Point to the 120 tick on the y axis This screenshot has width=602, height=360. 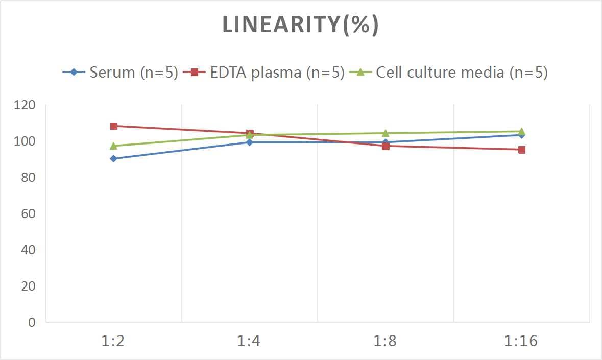coord(25,105)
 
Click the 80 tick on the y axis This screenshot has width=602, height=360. coord(28,178)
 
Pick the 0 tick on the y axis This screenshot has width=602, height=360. coord(32,322)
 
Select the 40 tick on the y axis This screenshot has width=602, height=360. coord(28,250)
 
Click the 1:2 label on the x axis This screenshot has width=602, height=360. coord(113,341)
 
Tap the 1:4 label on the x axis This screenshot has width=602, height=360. coord(249,341)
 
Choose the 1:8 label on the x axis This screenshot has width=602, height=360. coord(386,341)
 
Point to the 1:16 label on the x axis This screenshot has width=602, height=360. coord(521,341)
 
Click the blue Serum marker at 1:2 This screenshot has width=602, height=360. coord(113,159)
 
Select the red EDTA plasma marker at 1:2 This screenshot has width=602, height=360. coord(113,126)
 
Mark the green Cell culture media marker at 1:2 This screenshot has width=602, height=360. coord(113,146)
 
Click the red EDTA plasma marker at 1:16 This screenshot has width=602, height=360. coord(522,150)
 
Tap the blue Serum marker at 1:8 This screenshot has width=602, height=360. coord(386,142)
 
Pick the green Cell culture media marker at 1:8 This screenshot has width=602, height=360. coord(386,133)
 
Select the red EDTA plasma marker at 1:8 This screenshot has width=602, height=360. coord(386,146)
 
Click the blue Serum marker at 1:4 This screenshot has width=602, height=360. coord(250,142)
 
